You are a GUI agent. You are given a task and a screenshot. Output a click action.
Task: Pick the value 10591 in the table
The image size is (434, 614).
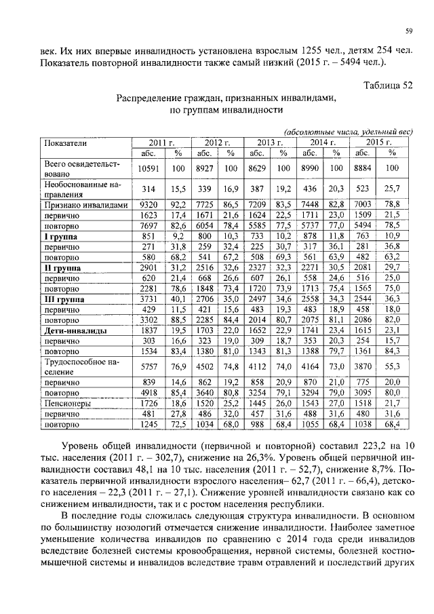click(148, 168)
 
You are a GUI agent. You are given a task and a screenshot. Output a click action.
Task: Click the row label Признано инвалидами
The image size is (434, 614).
click(85, 204)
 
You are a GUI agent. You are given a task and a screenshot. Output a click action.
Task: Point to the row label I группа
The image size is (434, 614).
click(61, 236)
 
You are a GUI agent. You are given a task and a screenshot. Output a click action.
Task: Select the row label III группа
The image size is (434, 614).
click(64, 298)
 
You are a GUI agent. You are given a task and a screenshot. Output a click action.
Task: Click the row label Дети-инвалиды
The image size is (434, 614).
click(73, 329)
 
